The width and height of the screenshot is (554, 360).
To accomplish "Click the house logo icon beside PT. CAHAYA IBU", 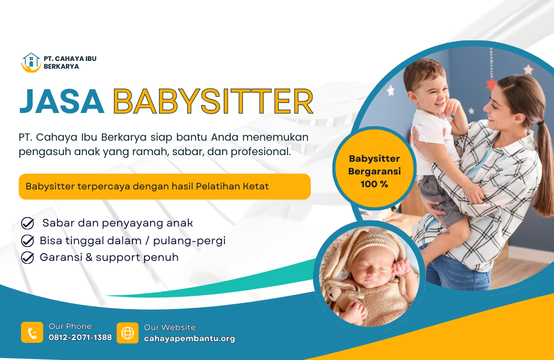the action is [x=31, y=63].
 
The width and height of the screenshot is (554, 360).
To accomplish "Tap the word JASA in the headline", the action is [x=62, y=101].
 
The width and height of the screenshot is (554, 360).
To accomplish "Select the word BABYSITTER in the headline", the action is [x=213, y=101].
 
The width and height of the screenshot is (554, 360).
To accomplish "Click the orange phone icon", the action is [x=32, y=332].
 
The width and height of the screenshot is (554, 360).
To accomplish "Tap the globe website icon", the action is [x=127, y=333].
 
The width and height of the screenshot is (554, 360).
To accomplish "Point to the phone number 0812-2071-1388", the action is [x=80, y=337].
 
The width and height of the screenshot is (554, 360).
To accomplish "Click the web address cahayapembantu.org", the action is [x=189, y=338].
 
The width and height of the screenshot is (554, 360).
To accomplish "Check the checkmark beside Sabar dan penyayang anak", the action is [x=28, y=223].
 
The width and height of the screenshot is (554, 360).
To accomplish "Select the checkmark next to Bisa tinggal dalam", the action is [x=28, y=241].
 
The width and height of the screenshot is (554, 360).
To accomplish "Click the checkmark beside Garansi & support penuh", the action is [x=28, y=258].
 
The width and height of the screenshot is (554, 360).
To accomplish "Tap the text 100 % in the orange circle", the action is [x=374, y=184].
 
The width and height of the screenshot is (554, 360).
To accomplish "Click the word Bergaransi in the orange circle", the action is [x=375, y=172].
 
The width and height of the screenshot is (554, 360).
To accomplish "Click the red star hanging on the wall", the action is [x=491, y=84].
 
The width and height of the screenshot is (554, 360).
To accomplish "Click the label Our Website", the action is [x=170, y=327].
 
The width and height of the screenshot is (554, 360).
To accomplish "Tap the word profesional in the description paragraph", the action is [x=261, y=152].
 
